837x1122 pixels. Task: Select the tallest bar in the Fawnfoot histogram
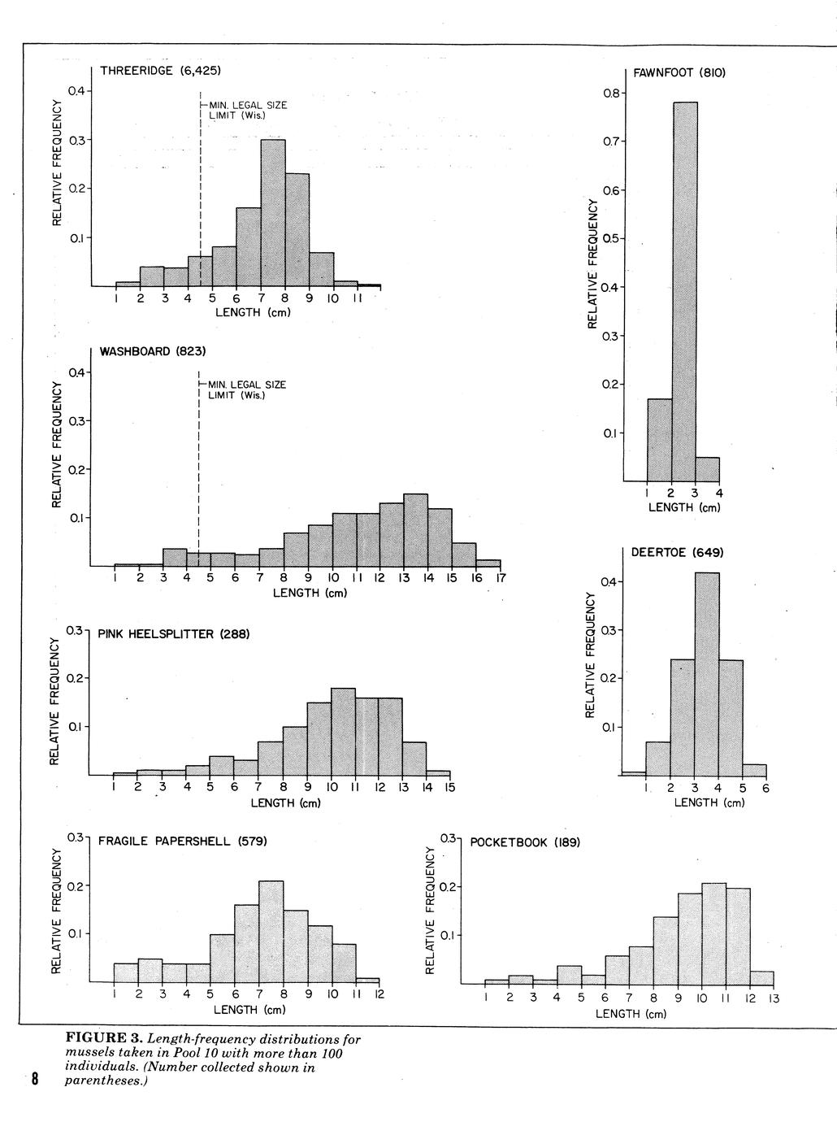pos(684,293)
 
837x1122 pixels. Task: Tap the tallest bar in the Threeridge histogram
pos(273,213)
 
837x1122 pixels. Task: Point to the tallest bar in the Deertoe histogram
pos(707,675)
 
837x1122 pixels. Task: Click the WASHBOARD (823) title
pos(153,351)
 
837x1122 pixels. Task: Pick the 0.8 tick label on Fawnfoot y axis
pos(613,93)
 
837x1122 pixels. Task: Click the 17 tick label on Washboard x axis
pos(501,578)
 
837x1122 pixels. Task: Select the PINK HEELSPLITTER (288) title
pos(173,634)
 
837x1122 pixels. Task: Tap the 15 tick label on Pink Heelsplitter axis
pos(449,787)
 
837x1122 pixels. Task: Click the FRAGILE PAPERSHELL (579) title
pos(182,841)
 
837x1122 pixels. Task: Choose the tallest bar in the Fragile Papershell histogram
pos(271,932)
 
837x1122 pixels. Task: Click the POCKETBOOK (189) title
pos(525,842)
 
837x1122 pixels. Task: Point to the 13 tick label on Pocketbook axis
pos(774,998)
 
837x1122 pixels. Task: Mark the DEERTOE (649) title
pos(677,553)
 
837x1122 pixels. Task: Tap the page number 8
pos(35,1080)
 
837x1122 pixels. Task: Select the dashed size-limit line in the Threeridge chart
pos(200,187)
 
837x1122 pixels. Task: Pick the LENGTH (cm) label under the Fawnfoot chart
pos(683,507)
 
